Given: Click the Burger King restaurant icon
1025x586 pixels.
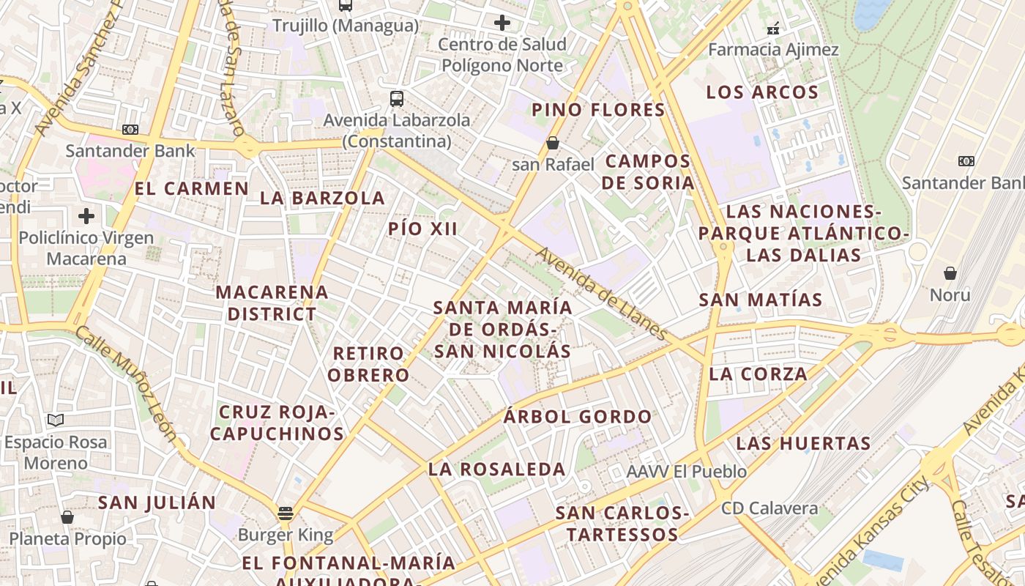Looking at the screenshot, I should pos(286,512).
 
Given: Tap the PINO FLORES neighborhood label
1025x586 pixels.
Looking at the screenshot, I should pos(598,110).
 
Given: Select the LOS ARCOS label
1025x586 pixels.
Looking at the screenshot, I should pos(762,92).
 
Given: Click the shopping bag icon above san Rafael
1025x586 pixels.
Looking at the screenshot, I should pos(553,143).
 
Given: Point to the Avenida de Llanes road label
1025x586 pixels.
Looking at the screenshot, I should pos(602,294).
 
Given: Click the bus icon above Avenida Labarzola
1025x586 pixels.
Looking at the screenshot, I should pos(397,98).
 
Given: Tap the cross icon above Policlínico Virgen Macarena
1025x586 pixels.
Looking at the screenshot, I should pos(86,216).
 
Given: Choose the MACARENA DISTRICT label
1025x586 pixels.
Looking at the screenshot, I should pos(272,303).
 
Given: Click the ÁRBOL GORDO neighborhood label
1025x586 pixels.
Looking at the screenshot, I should pos(578,417).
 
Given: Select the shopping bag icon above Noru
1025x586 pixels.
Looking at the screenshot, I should pos(950,273).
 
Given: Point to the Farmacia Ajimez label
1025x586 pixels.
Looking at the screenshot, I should pos(774,50).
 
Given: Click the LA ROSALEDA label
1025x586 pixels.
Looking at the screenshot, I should pos(497,470).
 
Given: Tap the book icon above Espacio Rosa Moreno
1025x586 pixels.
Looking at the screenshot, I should pos(56,420).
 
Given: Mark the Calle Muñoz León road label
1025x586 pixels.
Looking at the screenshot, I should pos(127,384).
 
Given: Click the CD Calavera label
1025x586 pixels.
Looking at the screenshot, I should pos(769,508).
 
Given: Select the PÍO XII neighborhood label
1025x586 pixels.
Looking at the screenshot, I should pos(423,229).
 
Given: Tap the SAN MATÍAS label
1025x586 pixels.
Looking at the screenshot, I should pos(761,300).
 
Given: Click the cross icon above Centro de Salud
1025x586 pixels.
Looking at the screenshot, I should pos(502,23).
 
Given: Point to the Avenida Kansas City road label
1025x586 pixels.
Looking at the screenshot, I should pos(871,531).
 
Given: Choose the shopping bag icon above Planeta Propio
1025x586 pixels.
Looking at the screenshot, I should pos(67,517).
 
